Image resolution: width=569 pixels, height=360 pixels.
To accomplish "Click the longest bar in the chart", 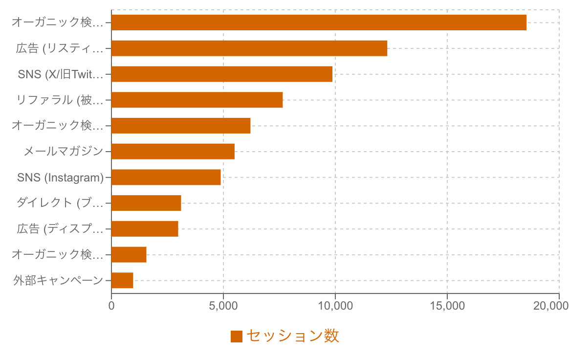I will pos(319,22).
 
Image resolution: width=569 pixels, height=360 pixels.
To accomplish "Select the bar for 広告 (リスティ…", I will pos(249,48).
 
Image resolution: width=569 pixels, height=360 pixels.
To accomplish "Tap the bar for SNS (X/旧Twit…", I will pos(222,74).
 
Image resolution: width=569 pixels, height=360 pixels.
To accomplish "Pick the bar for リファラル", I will pos(197,100).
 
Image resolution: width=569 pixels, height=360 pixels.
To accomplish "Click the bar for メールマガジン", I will pos(173,152).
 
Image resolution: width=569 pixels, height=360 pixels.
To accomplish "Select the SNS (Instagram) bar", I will pos(166,177).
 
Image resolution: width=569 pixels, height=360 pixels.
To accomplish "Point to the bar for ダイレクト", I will pos(146,203).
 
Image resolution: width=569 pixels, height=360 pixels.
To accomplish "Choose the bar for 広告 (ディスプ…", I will pos(145,229).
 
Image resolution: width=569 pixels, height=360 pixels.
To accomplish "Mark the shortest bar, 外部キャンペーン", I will pos(122,281).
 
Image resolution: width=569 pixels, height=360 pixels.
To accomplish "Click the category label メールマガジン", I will pos(64,152).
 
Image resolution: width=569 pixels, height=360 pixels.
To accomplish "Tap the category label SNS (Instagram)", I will pos(61,177).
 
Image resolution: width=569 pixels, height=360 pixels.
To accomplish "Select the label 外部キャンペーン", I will pos(58,281).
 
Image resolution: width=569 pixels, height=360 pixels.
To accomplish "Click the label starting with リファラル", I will pos(60,100).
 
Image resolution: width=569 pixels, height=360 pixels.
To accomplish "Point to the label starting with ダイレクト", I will pos(60,203).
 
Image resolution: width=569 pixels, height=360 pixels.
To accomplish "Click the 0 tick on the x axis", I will pos(111,306).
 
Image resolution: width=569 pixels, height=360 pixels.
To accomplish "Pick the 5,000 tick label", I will pos(223,306).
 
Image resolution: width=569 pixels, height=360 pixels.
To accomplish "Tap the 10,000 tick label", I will pos(335,306).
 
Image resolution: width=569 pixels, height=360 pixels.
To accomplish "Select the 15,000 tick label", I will pos(447,306).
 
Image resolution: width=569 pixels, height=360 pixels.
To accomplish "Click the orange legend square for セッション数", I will pos(237,337).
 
